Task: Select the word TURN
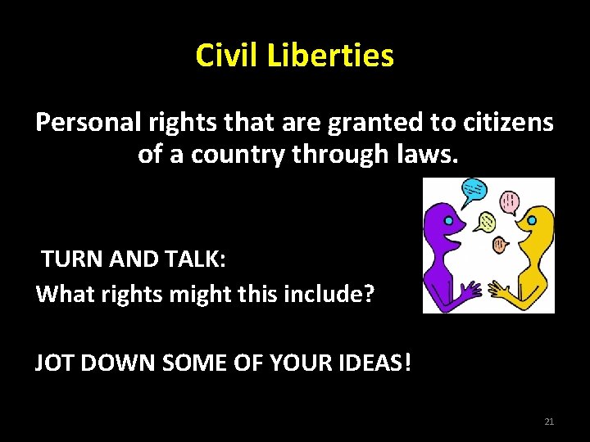click(x=70, y=259)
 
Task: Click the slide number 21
click(x=549, y=422)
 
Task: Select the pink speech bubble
click(x=510, y=201)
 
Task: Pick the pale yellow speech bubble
click(x=487, y=222)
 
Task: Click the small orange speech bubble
click(x=500, y=243)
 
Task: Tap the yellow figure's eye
click(x=531, y=221)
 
